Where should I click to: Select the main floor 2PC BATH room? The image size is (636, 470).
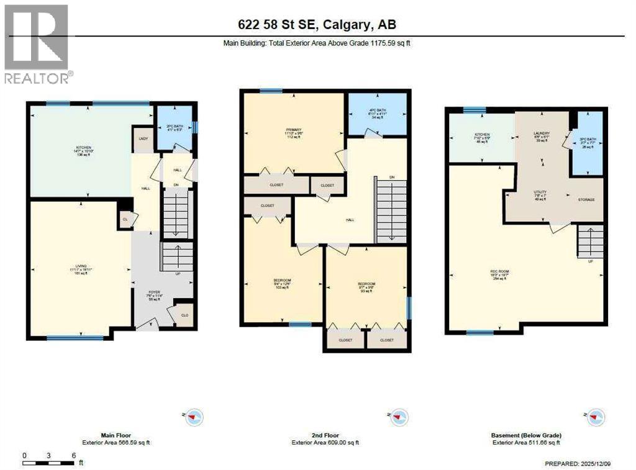coord(173,129)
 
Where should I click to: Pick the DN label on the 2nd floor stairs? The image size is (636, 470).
coord(391,178)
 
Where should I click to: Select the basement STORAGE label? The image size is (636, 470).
coord(586,199)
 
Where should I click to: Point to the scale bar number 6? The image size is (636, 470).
coord(73,456)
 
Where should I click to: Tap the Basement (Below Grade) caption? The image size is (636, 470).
coord(526,435)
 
